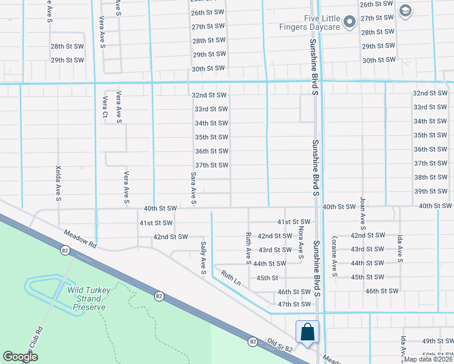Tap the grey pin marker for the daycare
coord(350,23)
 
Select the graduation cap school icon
coord(405,10)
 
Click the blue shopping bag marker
coord(307,332)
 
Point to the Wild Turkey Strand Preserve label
coord(89,298)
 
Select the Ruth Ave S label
coord(248,249)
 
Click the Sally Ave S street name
coord(204,258)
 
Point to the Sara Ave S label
coord(194,187)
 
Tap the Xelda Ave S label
coord(58,184)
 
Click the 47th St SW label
coord(294,304)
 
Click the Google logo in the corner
coord(20,357)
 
